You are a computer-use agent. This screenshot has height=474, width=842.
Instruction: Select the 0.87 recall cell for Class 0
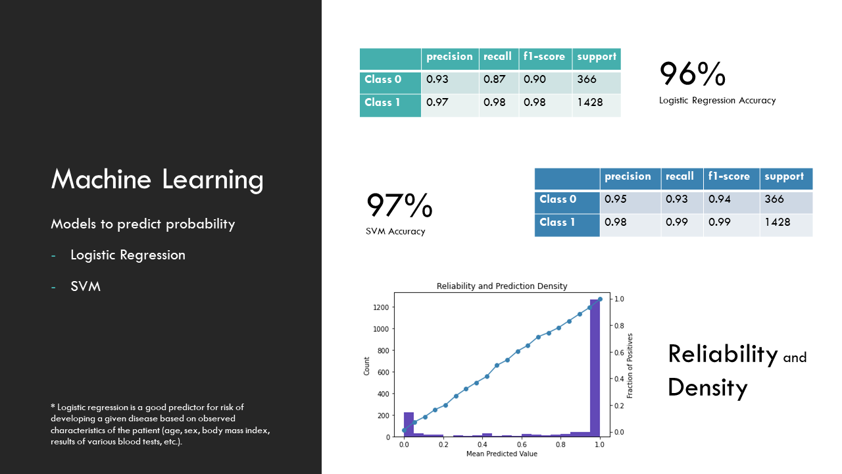click(498, 80)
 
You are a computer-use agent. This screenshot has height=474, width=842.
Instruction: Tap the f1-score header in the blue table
click(729, 176)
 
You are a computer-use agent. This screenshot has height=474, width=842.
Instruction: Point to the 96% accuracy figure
click(692, 74)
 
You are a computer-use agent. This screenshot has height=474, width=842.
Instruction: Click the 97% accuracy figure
click(399, 205)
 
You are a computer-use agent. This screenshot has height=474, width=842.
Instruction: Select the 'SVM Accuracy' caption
click(395, 232)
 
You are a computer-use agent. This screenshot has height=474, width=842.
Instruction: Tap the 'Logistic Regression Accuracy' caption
click(717, 101)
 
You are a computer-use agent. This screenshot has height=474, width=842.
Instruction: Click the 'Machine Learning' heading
click(157, 180)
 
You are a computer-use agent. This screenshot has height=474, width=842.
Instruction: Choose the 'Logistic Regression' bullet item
click(128, 255)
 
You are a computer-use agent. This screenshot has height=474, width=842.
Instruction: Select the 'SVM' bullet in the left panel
click(86, 286)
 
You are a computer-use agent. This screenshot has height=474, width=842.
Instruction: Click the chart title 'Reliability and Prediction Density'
click(502, 286)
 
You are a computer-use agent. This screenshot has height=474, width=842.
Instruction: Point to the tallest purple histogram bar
click(595, 369)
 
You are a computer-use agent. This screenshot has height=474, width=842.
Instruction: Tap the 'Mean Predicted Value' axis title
click(501, 454)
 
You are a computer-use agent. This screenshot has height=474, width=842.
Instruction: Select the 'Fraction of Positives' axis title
click(630, 365)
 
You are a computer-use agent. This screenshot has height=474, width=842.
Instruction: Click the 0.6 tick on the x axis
click(521, 445)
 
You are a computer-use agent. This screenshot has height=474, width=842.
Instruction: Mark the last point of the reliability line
click(600, 299)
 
